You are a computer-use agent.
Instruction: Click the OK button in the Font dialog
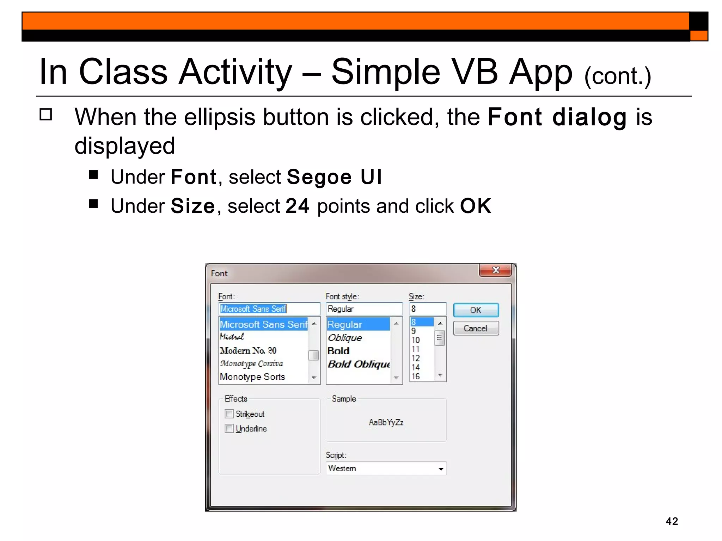point(476,310)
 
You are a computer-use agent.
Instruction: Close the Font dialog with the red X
point(495,270)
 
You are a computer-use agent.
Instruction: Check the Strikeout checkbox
point(229,413)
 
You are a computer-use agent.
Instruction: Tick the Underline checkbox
point(229,428)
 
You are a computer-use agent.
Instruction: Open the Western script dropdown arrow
point(440,469)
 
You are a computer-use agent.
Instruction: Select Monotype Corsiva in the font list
point(251,363)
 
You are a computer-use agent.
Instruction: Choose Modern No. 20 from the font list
point(248,350)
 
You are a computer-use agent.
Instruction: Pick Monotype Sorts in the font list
point(252,377)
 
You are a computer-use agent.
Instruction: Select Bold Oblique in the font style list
point(359,364)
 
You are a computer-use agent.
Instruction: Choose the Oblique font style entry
point(345,338)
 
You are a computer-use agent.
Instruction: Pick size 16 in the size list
point(416,376)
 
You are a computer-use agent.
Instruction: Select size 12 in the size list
point(416,358)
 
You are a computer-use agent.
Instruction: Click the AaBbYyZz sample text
point(386,422)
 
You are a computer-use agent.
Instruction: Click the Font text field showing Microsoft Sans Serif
point(269,309)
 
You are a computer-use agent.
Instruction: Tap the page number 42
point(672,521)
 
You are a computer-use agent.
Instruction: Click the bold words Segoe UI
point(334,177)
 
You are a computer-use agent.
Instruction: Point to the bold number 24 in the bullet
point(297,206)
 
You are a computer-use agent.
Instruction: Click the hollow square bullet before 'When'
point(46,114)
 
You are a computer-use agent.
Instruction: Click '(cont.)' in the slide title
point(617,76)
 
